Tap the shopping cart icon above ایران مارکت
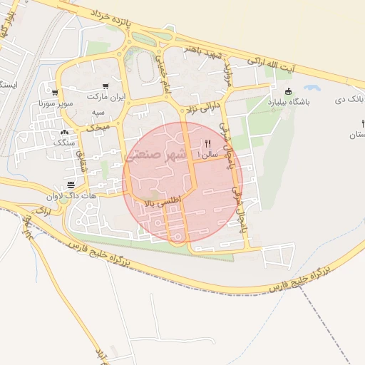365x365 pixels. click(x=106, y=85)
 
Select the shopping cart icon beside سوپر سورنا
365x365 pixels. click(x=54, y=92)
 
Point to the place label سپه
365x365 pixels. click(x=98, y=113)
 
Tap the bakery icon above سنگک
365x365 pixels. click(x=65, y=133)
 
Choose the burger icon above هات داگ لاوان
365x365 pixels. click(x=71, y=185)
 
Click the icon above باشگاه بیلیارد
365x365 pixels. click(x=288, y=91)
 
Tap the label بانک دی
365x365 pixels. click(x=349, y=99)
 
